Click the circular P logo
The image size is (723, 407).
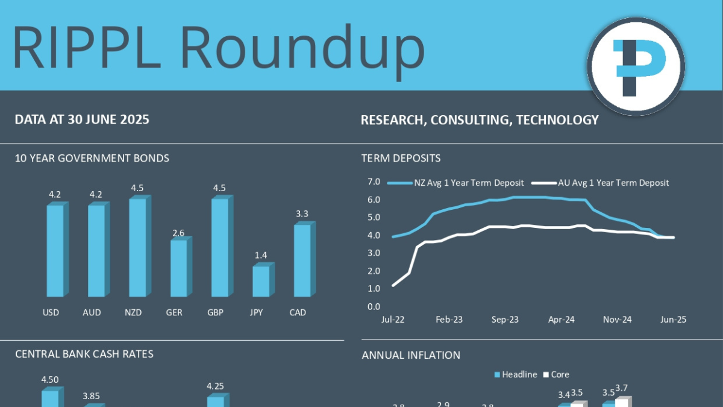636,66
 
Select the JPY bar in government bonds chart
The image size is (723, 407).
261,281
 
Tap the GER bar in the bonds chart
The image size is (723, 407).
178,268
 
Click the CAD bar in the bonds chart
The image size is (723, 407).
302,260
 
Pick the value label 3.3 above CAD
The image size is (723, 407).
302,214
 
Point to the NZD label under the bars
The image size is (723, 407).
134,312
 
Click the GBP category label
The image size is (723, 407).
216,312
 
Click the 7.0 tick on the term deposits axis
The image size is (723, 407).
373,181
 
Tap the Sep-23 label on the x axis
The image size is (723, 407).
504,320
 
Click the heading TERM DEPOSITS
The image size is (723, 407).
401,159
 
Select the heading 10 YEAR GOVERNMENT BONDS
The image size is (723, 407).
92,159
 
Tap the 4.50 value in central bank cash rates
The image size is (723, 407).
50,379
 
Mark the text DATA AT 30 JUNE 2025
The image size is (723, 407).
82,119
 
